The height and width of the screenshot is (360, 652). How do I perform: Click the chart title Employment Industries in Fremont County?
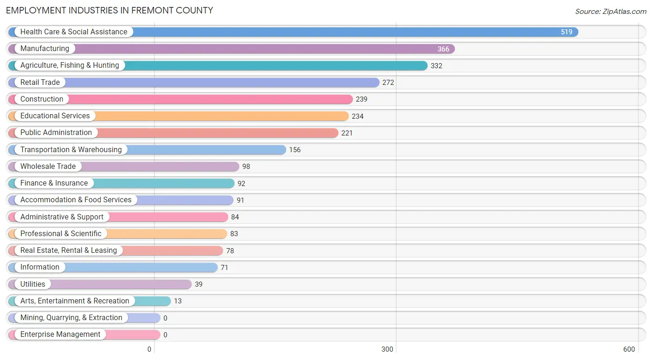(x=109, y=10)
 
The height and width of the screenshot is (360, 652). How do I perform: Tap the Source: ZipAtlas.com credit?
(x=610, y=12)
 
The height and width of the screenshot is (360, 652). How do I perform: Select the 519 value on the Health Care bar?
(x=566, y=32)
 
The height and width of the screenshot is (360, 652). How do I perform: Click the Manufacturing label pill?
(x=45, y=49)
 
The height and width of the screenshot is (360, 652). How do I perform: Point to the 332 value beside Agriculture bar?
(x=436, y=66)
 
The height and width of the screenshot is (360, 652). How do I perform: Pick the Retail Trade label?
(x=40, y=83)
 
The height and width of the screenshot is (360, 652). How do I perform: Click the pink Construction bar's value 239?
(x=361, y=99)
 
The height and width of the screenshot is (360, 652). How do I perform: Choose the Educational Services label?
(x=55, y=116)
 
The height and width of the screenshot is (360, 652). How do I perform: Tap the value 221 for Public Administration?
(x=347, y=133)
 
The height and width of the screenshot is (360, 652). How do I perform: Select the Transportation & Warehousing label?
(x=71, y=150)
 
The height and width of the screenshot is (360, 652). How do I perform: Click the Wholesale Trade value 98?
(x=246, y=167)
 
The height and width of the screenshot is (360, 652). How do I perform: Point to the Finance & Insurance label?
(x=54, y=183)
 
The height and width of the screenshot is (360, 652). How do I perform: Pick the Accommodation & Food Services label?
(x=76, y=200)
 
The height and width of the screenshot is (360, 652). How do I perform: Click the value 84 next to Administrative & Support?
(x=235, y=217)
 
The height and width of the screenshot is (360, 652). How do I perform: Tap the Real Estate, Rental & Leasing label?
(x=69, y=251)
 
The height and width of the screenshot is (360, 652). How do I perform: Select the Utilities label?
(x=33, y=284)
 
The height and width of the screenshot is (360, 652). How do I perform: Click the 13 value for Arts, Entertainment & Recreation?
(x=178, y=301)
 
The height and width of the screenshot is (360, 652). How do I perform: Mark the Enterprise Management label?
(x=60, y=334)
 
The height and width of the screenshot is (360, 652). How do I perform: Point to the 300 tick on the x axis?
(x=387, y=349)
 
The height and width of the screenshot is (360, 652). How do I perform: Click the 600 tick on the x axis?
(x=629, y=349)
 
